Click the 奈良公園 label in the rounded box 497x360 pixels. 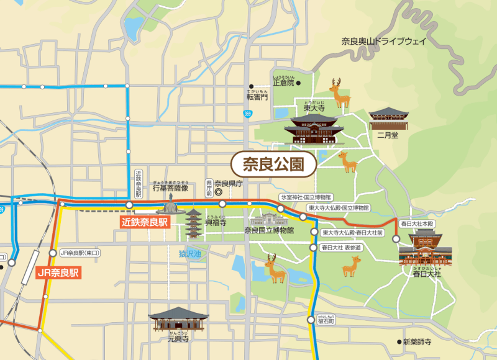273,164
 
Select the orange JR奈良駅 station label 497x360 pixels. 58,272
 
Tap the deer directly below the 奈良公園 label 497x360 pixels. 347,162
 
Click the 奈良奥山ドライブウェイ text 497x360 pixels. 383,42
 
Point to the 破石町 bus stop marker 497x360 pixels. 311,320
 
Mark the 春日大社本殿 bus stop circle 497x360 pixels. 396,238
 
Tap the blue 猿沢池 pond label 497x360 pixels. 190,253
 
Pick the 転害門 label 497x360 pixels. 256,96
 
